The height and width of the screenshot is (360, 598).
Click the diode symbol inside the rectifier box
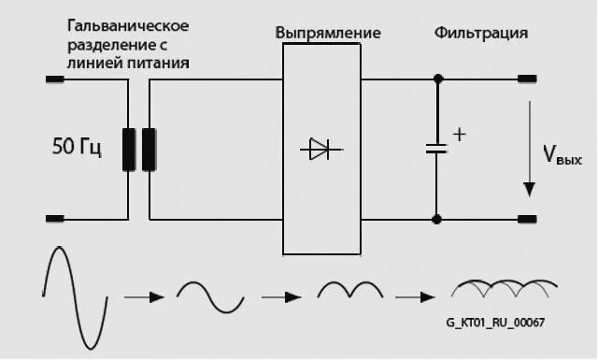pyautogui.click(x=321, y=149)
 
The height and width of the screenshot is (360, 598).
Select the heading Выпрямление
pyautogui.click(x=328, y=33)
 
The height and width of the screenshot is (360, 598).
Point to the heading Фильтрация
pyautogui.click(x=481, y=33)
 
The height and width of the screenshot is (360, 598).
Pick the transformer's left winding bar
pyautogui.click(x=129, y=150)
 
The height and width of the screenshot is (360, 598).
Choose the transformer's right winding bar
pyautogui.click(x=149, y=150)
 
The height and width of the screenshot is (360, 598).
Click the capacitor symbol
pyautogui.click(x=436, y=149)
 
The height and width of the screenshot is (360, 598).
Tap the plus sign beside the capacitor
pyautogui.click(x=459, y=135)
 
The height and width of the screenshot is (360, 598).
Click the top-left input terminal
pyautogui.click(x=55, y=79)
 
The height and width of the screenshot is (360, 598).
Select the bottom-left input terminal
pyautogui.click(x=55, y=220)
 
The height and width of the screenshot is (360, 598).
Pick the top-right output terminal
pyautogui.click(x=528, y=79)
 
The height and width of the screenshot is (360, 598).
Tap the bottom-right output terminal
pyautogui.click(x=528, y=220)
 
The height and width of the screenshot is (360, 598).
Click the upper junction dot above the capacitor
pyautogui.click(x=436, y=79)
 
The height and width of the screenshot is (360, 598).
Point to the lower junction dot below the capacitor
pyautogui.click(x=436, y=220)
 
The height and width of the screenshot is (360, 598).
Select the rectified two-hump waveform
pyautogui.click(x=350, y=291)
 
